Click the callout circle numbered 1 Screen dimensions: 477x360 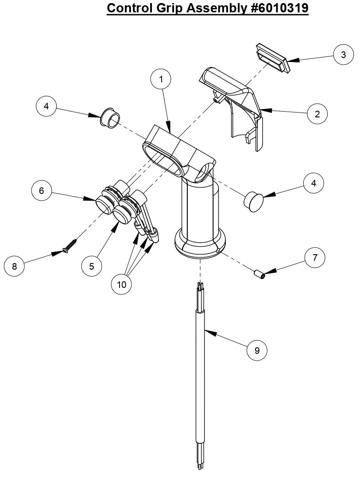pos(161,79)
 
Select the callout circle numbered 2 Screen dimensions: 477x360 pos(317,114)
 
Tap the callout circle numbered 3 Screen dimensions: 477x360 pos(343,54)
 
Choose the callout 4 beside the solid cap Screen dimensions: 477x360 pos(314,183)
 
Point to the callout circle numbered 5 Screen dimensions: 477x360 pos(92,266)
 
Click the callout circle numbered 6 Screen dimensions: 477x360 pos(42,191)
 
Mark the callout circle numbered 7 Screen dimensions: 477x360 pos(315,258)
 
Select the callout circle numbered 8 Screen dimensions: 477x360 pos(15,266)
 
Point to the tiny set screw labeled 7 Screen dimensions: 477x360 pos(259,275)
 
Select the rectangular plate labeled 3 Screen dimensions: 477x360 pos(272,58)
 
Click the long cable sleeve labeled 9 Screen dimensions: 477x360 pos(200,376)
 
